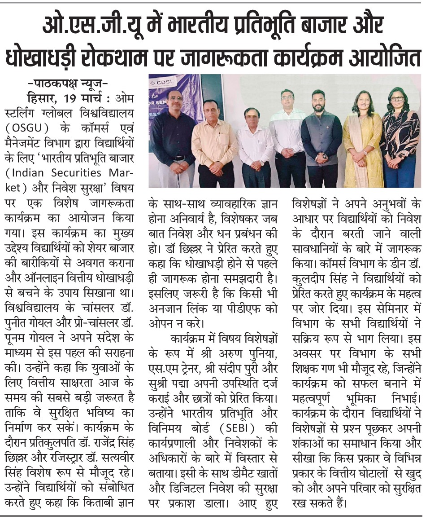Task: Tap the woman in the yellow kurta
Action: (362, 139)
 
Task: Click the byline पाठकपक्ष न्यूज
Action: (67, 84)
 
